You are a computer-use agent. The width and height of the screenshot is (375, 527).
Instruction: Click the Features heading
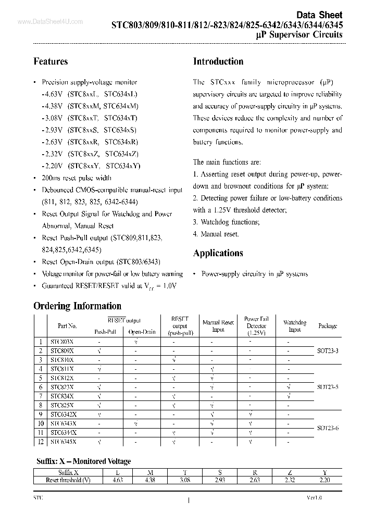pyautogui.click(x=51, y=61)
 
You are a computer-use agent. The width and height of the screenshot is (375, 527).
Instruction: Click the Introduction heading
pyautogui.click(x=218, y=61)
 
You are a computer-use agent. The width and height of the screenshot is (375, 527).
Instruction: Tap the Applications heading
pyautogui.click(x=218, y=253)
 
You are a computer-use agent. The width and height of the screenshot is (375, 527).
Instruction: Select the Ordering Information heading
pyautogui.click(x=77, y=306)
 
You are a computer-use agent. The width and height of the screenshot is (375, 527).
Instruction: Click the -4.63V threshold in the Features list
pyautogui.click(x=52, y=94)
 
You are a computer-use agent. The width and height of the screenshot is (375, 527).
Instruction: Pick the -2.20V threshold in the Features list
pyautogui.click(x=52, y=166)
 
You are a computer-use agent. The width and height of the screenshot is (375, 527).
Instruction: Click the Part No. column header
pyautogui.click(x=67, y=326)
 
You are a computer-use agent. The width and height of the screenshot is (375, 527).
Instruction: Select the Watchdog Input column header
pyautogui.click(x=295, y=326)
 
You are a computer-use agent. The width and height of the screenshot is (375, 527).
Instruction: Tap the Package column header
pyautogui.click(x=328, y=326)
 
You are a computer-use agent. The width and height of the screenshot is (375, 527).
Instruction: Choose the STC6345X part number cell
pyautogui.click(x=64, y=442)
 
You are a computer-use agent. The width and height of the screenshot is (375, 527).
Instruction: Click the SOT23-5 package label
pyautogui.click(x=327, y=387)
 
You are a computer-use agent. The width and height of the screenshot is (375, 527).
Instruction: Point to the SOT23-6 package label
pyautogui.click(x=327, y=428)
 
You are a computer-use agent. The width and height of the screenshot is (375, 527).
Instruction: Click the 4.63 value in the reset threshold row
pyautogui.click(x=117, y=481)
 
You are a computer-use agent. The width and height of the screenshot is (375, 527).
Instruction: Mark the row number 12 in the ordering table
pyautogui.click(x=41, y=442)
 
